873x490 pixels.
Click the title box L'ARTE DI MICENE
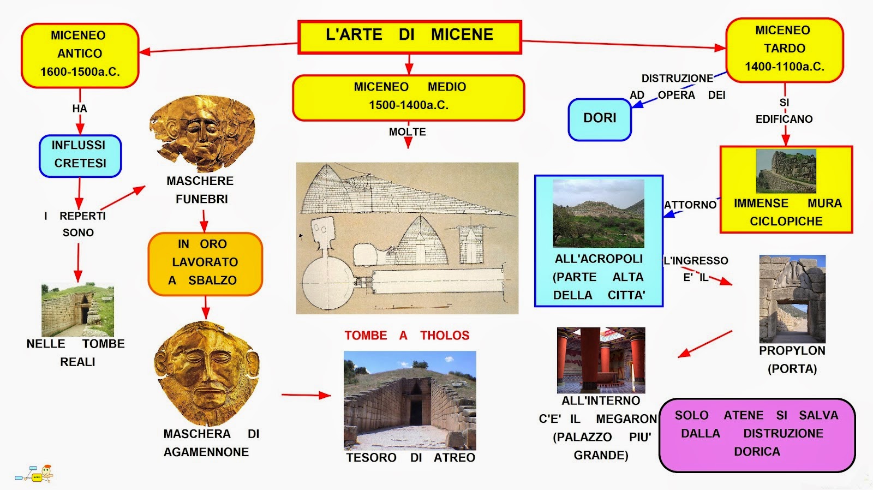click(x=409, y=37)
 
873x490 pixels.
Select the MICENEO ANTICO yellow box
click(x=80, y=55)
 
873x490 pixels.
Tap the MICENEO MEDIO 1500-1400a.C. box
click(x=408, y=97)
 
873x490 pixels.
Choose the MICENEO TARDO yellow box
click(x=784, y=50)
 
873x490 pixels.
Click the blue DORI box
click(x=600, y=119)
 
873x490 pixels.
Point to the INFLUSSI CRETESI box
click(x=80, y=156)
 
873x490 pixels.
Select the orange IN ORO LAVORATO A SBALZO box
click(x=205, y=263)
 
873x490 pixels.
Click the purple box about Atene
click(x=757, y=434)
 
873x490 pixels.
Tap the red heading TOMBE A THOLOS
click(x=406, y=336)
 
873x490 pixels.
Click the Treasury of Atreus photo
click(x=410, y=399)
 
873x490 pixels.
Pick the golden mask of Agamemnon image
click(x=207, y=373)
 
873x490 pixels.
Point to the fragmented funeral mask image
click(x=202, y=134)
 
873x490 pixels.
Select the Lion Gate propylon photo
click(x=792, y=298)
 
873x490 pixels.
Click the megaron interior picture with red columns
click(x=601, y=360)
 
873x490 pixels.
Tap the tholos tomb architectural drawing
click(x=407, y=238)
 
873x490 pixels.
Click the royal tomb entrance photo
click(x=77, y=310)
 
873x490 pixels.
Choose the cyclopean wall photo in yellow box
click(x=786, y=171)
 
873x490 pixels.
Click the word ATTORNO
click(x=690, y=205)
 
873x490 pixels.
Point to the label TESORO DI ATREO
click(x=410, y=458)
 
